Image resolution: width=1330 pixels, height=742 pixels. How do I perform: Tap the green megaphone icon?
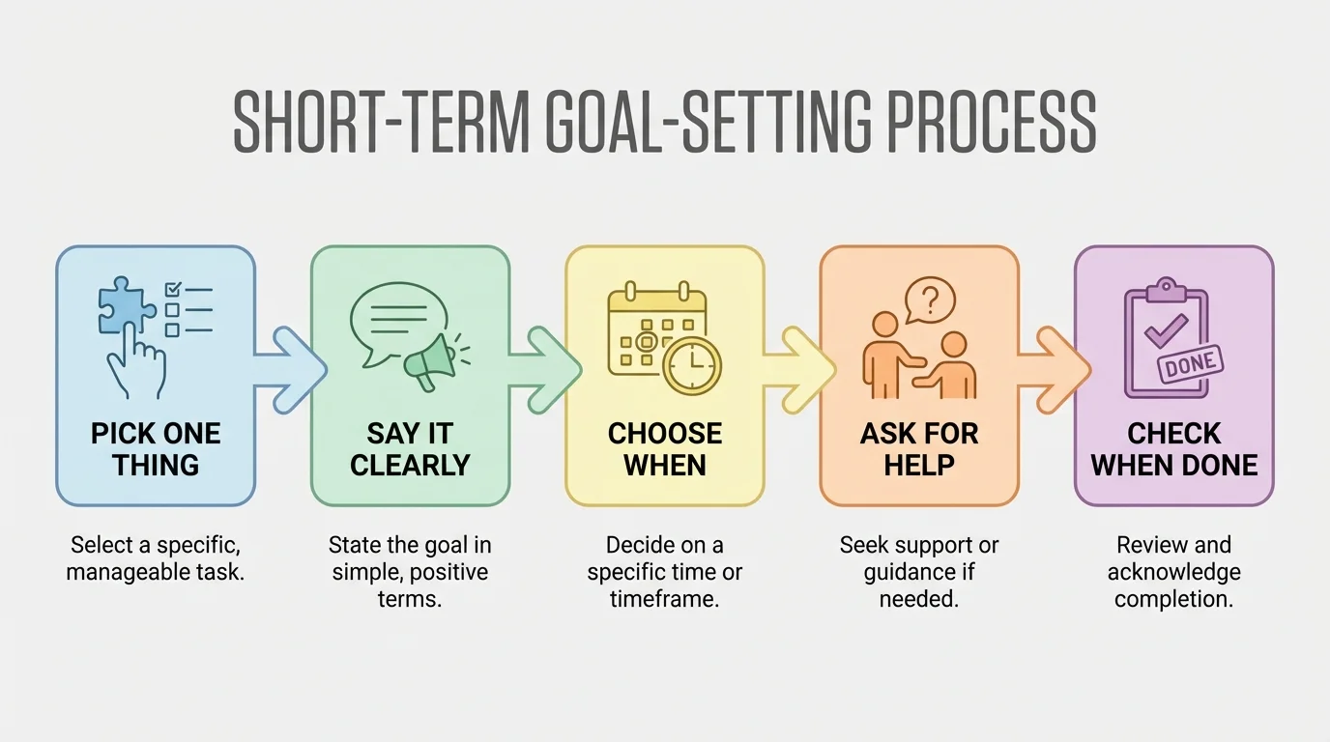coord(431,359)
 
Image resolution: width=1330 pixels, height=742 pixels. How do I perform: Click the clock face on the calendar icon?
coord(691,365)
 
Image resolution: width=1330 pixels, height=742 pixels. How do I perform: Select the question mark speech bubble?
coord(930,300)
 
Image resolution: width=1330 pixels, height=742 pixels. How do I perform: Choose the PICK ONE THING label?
coord(156,448)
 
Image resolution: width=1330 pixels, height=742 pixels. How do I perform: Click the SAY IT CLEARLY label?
coord(410,448)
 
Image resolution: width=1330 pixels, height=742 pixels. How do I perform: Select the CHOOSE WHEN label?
coord(665,448)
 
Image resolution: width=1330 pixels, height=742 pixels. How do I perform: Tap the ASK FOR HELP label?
coord(919,448)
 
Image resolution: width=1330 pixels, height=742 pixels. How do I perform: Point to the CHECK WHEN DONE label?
coord(1174,448)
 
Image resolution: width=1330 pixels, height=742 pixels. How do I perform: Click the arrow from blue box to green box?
coord(292,369)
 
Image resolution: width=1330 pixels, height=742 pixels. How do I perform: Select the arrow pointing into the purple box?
coord(1055,369)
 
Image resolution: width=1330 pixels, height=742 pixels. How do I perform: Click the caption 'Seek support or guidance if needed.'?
coord(919,571)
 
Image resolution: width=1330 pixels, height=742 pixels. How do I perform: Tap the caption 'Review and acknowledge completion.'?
coord(1174,571)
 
